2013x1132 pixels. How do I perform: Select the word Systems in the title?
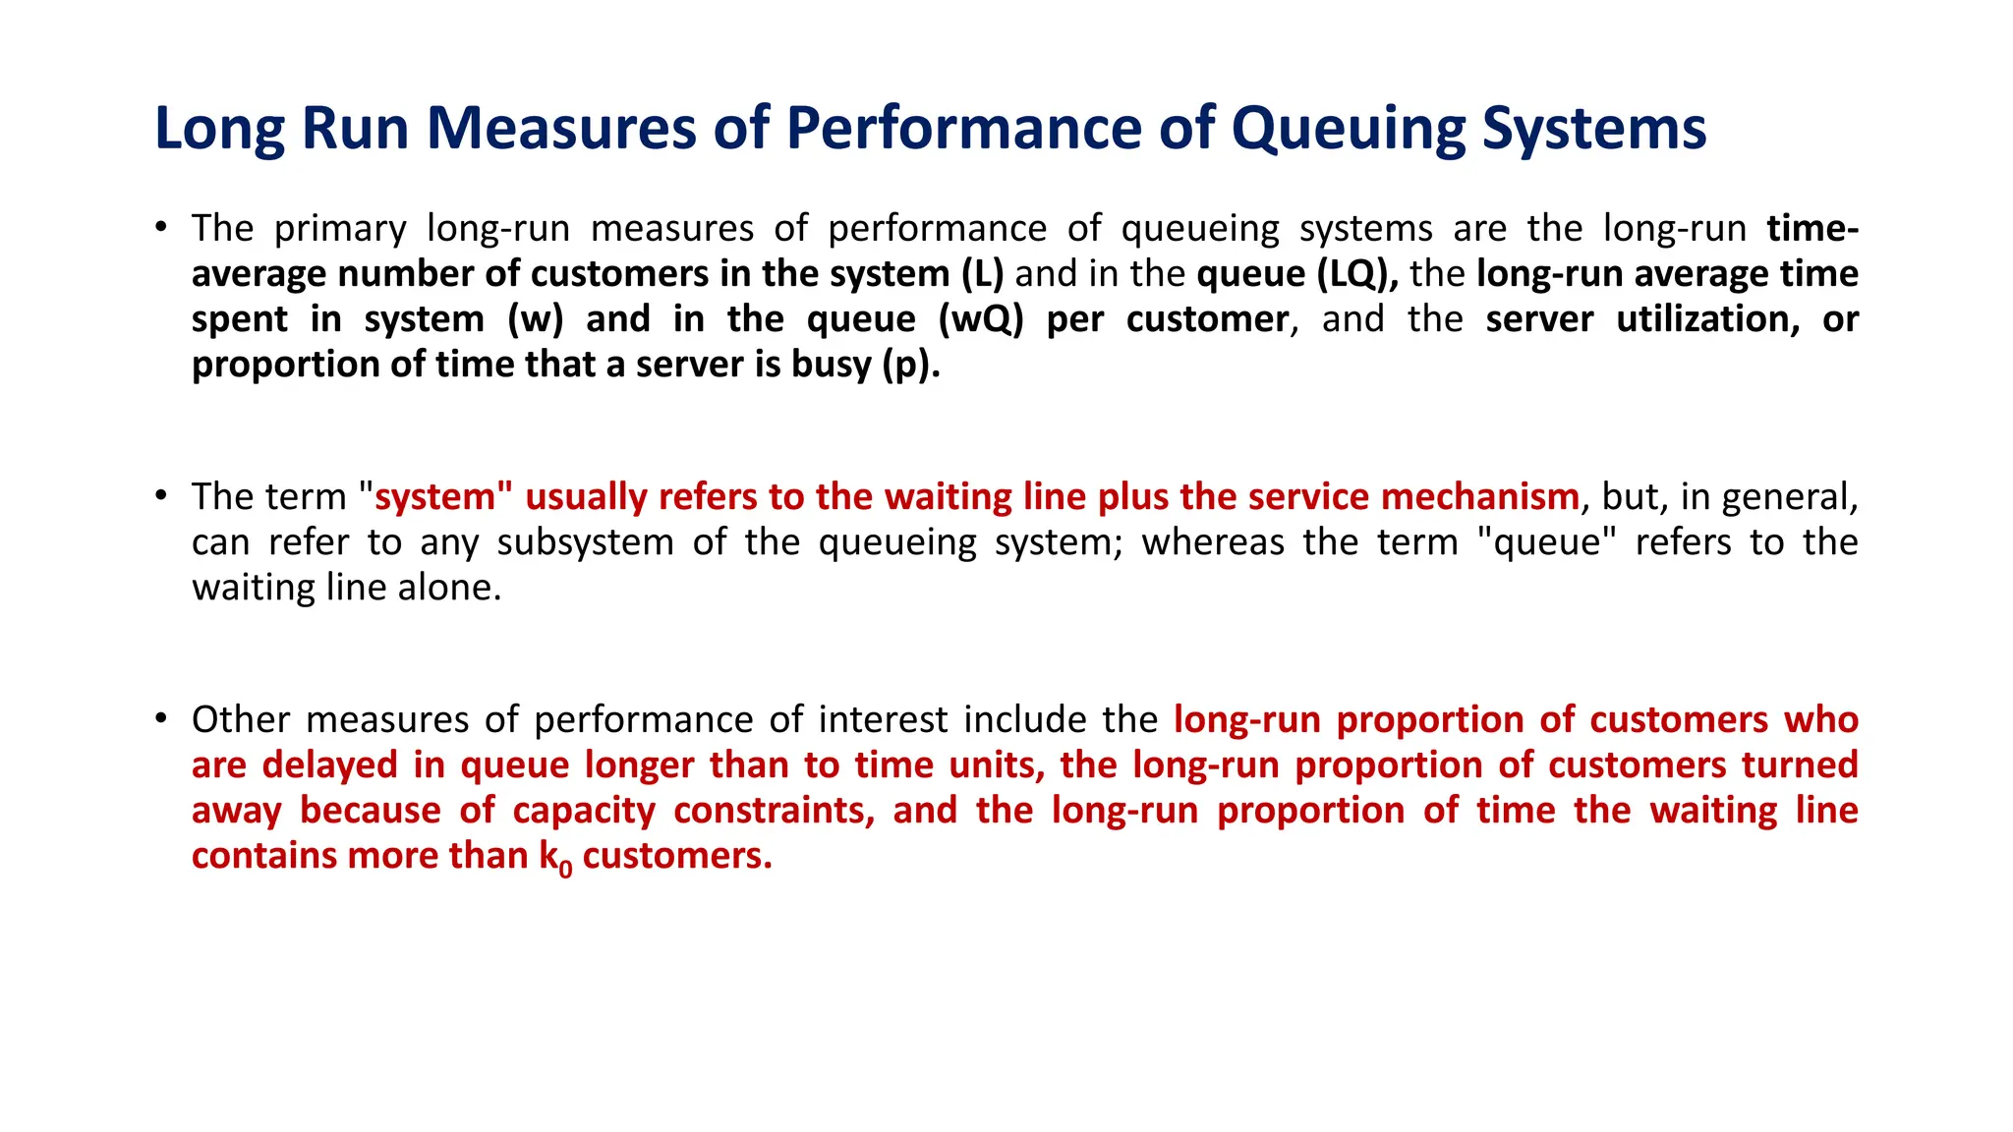pyautogui.click(x=1593, y=129)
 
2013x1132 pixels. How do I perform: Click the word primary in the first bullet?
pyautogui.click(x=339, y=229)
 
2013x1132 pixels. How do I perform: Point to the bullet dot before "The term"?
pyautogui.click(x=160, y=495)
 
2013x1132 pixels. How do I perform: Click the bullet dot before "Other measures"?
pyautogui.click(x=160, y=718)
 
